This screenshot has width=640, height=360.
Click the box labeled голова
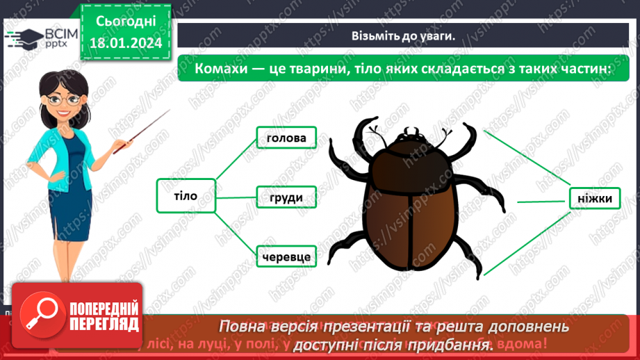[x=286, y=138]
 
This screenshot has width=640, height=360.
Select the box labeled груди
[x=286, y=197]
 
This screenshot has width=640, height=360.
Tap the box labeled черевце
[x=286, y=257]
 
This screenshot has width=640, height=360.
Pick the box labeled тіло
[x=186, y=196]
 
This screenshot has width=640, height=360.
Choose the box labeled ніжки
[x=594, y=199]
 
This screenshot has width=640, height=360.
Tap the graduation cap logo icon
[x=23, y=39]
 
